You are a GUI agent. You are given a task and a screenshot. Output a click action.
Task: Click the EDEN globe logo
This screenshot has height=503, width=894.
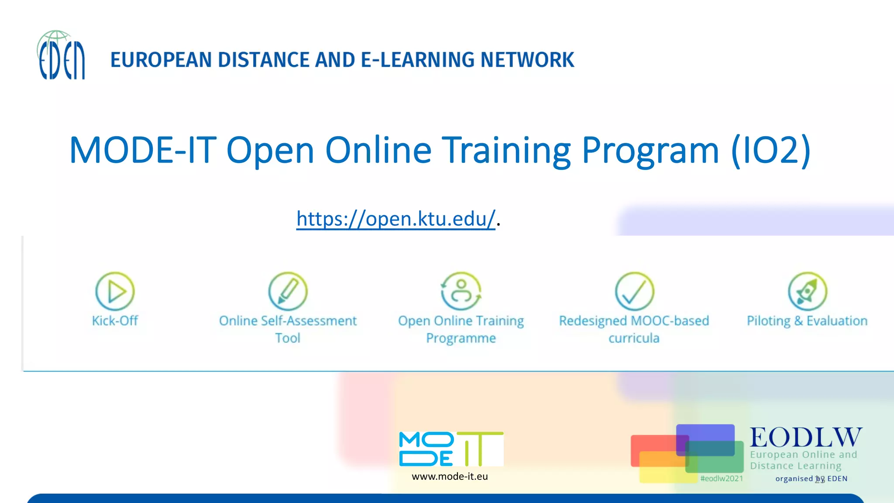(x=61, y=55)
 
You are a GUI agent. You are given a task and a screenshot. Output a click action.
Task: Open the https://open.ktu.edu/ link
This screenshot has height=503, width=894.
(x=395, y=219)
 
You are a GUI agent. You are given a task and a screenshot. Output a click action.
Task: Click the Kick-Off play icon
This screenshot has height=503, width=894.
(x=115, y=291)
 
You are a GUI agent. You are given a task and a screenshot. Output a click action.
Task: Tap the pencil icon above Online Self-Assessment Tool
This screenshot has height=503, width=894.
(x=288, y=291)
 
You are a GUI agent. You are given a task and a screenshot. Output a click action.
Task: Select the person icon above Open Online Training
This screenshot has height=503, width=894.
(x=461, y=291)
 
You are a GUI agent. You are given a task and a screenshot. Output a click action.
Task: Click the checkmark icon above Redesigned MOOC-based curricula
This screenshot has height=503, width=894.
(x=634, y=291)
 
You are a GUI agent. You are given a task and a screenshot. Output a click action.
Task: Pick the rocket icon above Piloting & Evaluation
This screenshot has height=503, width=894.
(x=807, y=291)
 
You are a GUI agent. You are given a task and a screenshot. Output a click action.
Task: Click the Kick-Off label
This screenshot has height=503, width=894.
(x=115, y=321)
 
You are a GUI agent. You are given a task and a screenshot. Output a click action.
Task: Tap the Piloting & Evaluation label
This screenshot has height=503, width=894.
(x=807, y=321)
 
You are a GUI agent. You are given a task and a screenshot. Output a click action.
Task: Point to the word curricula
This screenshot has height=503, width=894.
(x=634, y=338)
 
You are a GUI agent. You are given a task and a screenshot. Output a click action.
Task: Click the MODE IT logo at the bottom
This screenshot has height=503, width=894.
(x=451, y=449)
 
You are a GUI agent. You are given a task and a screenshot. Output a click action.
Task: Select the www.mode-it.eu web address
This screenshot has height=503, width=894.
(x=450, y=476)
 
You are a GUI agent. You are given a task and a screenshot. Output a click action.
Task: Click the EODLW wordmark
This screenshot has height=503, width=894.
(x=806, y=437)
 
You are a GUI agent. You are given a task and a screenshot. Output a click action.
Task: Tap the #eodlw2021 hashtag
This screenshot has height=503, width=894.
(x=722, y=479)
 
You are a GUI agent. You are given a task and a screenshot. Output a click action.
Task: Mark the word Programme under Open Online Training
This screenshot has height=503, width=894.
(x=461, y=338)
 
